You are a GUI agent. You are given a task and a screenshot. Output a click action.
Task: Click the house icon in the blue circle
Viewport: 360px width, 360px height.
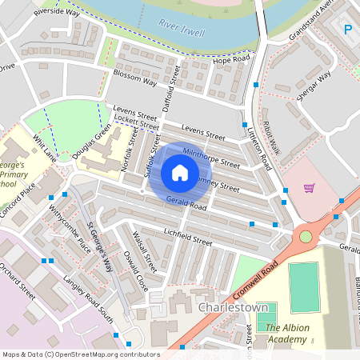click(x=179, y=173)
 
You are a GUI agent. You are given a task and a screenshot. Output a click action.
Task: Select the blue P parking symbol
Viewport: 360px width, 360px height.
click(x=348, y=30)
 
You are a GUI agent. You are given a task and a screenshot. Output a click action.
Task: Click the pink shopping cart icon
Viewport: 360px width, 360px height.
click(x=309, y=188)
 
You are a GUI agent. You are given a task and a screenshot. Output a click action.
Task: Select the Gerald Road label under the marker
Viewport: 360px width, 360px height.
click(x=186, y=205)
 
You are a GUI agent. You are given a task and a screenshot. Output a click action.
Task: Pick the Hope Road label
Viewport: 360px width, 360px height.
click(x=231, y=60)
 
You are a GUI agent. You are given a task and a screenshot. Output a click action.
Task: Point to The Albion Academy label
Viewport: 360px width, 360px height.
click(x=286, y=334)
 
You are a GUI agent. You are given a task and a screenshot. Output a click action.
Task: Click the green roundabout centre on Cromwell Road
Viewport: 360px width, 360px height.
click(x=306, y=237)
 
